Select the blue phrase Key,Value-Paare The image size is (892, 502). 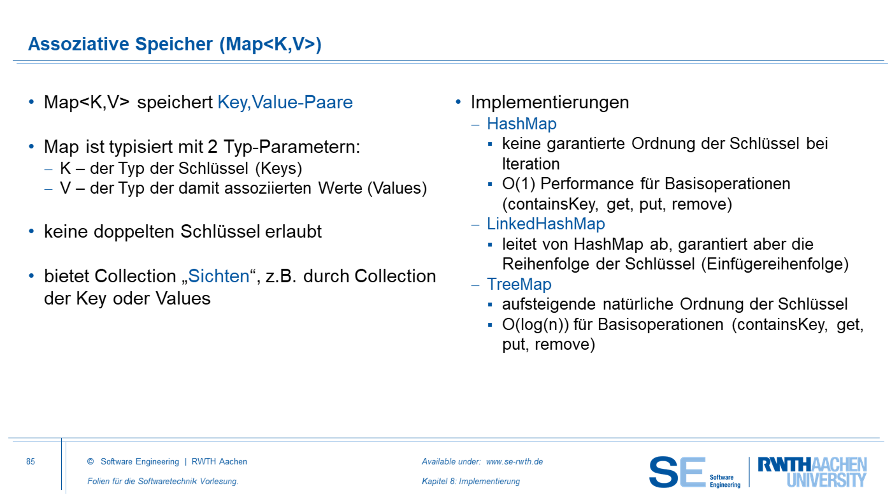[x=285, y=103]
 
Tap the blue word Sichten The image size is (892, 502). [x=219, y=276]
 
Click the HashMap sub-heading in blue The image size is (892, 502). [x=522, y=124]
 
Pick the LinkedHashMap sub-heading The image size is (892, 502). [x=546, y=224]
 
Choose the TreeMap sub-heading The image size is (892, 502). [x=519, y=284]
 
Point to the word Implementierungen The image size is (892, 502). [x=550, y=103]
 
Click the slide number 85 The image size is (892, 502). [x=31, y=461]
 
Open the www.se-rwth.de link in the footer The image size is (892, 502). [x=515, y=461]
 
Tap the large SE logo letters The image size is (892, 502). [x=677, y=472]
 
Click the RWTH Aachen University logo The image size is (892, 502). [x=812, y=472]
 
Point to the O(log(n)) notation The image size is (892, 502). [x=536, y=324]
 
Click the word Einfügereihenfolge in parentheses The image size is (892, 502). [x=775, y=264]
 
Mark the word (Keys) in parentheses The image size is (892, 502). [x=279, y=168]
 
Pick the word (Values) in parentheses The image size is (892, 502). [x=397, y=189]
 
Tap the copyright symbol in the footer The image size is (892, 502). [x=90, y=461]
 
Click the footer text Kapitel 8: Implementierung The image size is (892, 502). [x=471, y=482]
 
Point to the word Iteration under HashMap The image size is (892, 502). [x=531, y=164]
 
